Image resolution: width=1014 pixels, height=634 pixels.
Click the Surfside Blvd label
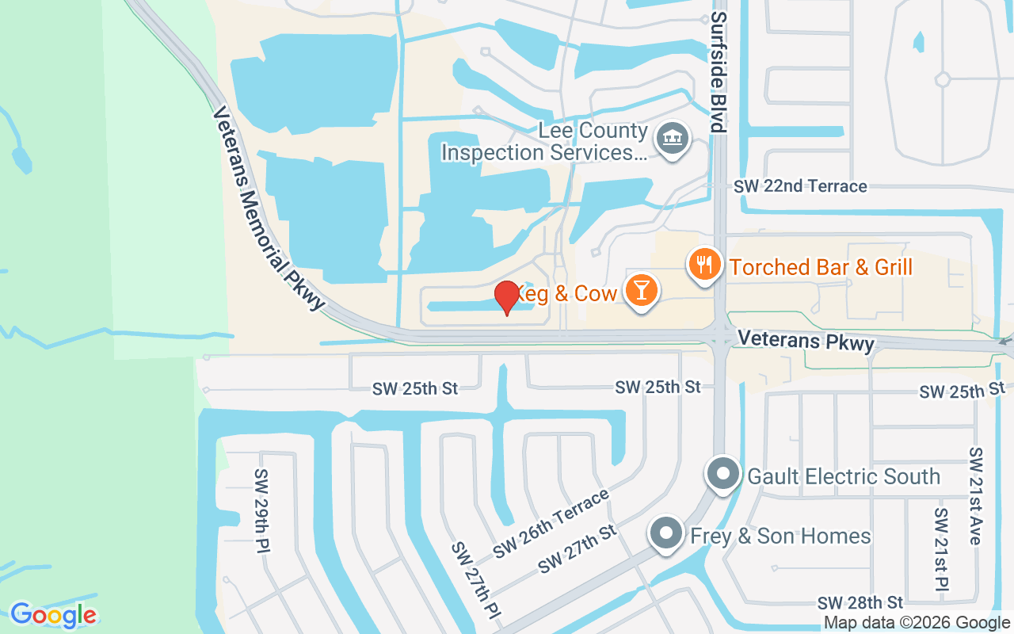(x=718, y=71)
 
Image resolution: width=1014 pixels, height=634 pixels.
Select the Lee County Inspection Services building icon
(x=673, y=139)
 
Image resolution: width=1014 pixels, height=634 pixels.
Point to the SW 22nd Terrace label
(x=800, y=186)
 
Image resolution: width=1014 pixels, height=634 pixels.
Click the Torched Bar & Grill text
(x=821, y=267)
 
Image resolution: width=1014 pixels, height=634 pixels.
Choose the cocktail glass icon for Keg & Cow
(x=640, y=290)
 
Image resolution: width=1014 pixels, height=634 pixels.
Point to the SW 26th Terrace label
(x=551, y=523)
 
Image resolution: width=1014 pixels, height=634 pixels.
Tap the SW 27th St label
(x=577, y=549)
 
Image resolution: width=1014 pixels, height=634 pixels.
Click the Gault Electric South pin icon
(x=722, y=475)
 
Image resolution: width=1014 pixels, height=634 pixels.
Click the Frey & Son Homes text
(x=780, y=537)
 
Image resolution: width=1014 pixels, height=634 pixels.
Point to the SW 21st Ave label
(x=975, y=495)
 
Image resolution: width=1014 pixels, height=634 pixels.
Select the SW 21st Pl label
(x=940, y=548)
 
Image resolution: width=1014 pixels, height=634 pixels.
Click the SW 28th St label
(x=860, y=602)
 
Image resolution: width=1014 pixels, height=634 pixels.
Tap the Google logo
(x=53, y=615)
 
